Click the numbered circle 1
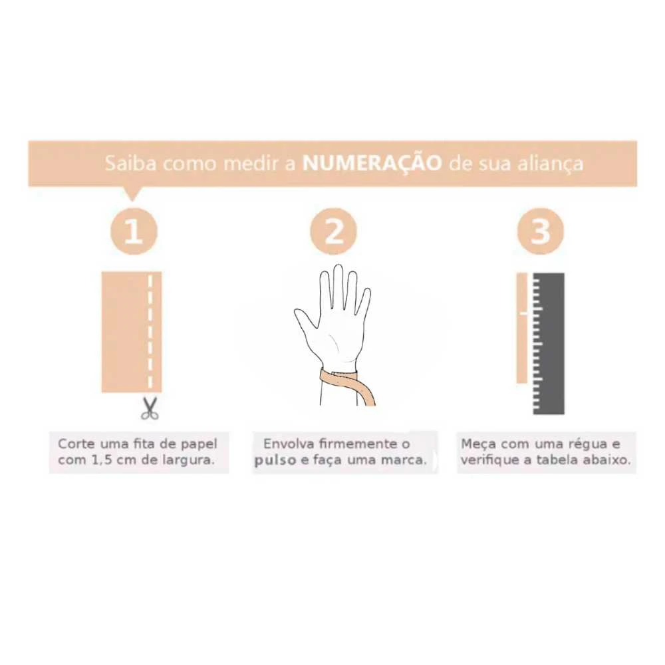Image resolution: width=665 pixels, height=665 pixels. tap(134, 231)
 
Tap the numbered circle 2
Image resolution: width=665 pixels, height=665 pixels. tap(333, 231)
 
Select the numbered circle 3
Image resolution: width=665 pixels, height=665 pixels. tap(540, 231)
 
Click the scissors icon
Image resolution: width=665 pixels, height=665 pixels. tap(149, 408)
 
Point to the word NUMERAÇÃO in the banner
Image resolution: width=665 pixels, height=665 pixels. tap(372, 164)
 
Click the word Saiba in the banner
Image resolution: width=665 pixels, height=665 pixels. tap(130, 164)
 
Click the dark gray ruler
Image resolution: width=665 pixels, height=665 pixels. tap(549, 344)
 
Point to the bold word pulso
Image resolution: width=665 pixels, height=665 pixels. tap(275, 461)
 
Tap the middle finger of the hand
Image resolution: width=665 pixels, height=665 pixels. tap(338, 289)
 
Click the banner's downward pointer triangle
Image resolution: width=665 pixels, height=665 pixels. tap(132, 194)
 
